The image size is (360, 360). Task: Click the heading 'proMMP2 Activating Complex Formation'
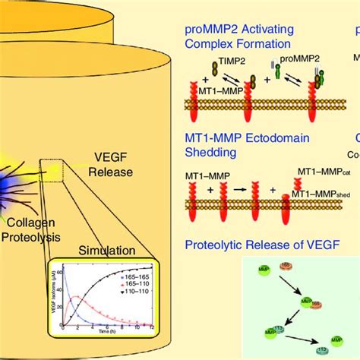coord(242,37)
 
